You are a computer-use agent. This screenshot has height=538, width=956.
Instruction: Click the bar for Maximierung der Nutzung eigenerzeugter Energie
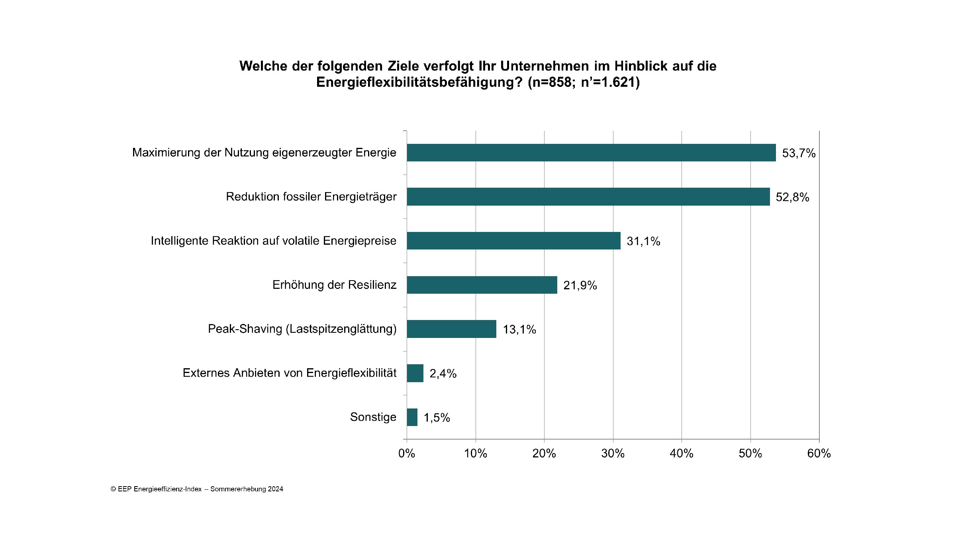click(591, 153)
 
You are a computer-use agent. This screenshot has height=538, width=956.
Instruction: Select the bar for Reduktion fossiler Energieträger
click(588, 197)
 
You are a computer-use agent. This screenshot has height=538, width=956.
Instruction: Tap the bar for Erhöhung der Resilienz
click(482, 285)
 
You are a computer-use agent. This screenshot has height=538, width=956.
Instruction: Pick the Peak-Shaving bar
click(451, 329)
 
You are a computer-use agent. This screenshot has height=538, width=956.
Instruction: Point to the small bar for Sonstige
click(412, 417)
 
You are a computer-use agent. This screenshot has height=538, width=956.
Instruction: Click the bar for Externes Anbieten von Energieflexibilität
click(415, 373)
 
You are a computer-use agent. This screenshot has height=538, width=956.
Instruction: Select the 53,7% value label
click(799, 153)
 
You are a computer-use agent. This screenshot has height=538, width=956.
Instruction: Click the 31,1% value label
click(643, 242)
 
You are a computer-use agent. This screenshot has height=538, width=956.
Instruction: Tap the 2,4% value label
click(443, 374)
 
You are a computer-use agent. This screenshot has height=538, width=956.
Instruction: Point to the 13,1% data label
click(519, 330)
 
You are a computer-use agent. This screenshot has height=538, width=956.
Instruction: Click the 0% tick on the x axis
click(407, 454)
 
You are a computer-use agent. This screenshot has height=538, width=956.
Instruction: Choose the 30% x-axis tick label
click(613, 454)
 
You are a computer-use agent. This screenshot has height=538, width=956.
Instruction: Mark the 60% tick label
click(819, 454)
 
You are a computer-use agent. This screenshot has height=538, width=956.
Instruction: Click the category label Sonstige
click(373, 417)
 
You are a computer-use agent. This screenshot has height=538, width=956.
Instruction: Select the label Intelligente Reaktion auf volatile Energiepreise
click(274, 241)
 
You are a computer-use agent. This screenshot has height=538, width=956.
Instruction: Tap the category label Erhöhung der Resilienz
click(335, 285)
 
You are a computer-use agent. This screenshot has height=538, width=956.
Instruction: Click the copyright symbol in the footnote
click(113, 489)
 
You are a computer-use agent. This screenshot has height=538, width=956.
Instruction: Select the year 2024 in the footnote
click(275, 489)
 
